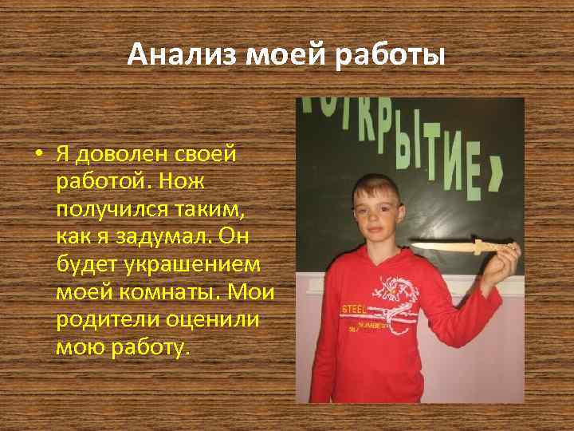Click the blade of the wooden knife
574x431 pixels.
point(438,247)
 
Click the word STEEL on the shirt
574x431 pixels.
point(356,307)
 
